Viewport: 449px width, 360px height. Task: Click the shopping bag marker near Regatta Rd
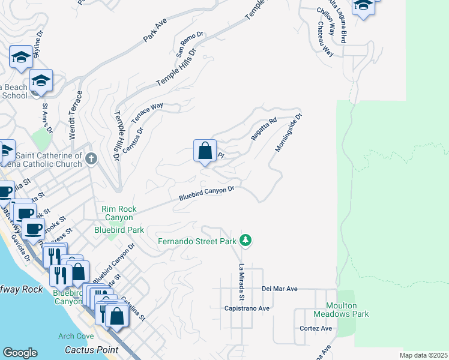[205, 151]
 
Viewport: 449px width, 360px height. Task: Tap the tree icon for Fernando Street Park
[245, 241]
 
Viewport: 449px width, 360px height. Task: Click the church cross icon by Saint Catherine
[91, 158]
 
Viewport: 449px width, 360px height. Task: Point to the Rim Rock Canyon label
[119, 213]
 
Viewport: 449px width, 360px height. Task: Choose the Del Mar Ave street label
[280, 289]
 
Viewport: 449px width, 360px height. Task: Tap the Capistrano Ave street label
[247, 308]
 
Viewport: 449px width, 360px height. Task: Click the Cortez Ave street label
[316, 328]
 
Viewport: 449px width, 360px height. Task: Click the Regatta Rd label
[264, 129]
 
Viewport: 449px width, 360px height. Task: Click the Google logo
[20, 353]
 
